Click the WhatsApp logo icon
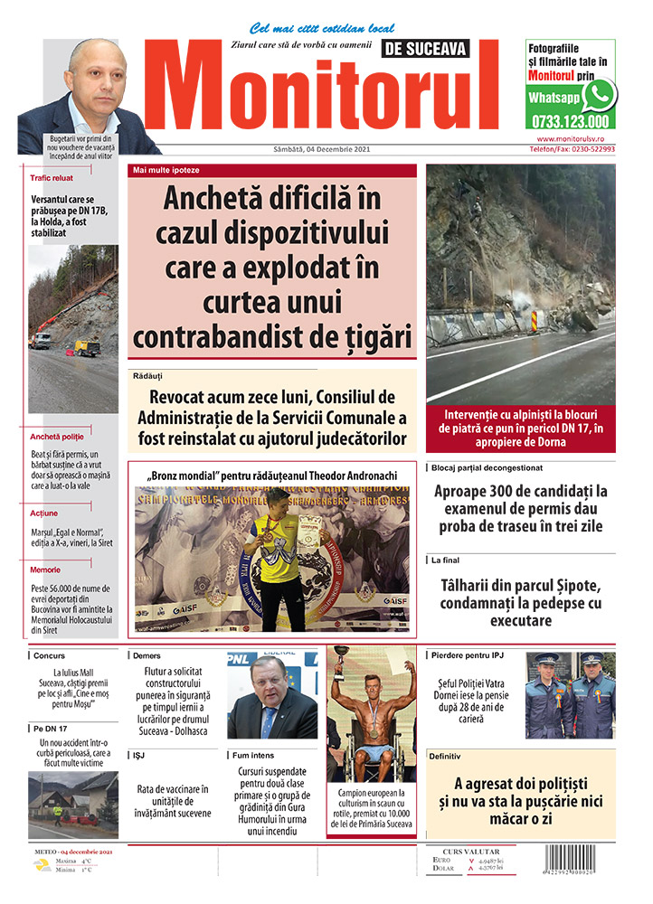(x=599, y=95)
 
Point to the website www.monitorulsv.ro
(x=575, y=139)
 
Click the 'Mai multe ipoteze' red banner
(x=166, y=170)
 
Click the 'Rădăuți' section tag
(x=147, y=374)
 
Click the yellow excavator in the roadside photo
(x=87, y=346)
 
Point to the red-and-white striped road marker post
(x=532, y=321)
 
